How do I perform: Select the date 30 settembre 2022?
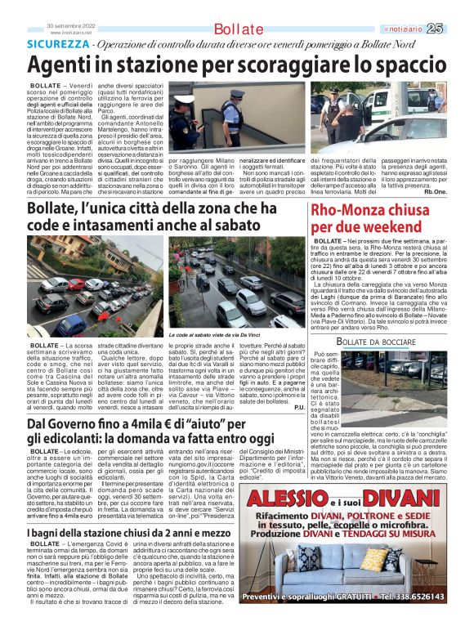coord(73,25)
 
